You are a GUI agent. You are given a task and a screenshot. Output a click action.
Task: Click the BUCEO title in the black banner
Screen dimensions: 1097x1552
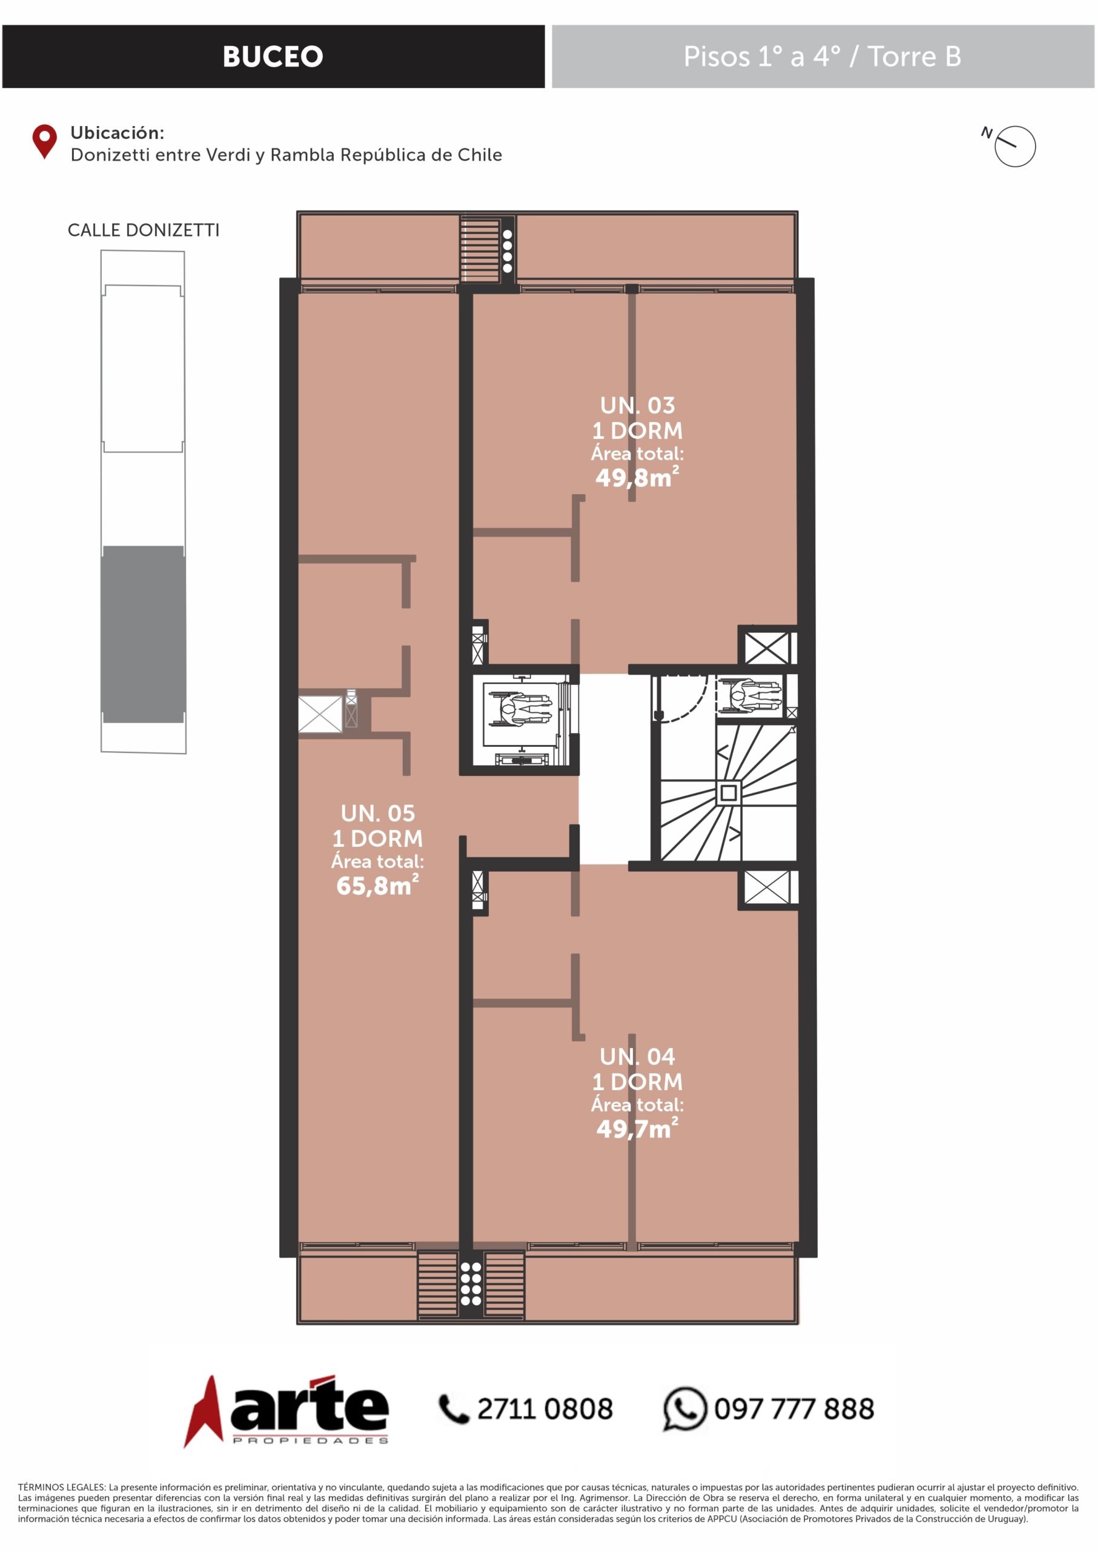(x=273, y=57)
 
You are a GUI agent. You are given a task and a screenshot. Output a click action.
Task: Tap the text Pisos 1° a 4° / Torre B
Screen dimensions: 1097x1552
(x=822, y=57)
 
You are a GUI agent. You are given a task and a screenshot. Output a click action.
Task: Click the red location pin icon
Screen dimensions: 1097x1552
(x=45, y=141)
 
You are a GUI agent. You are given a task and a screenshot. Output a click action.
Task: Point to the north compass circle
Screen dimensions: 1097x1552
(x=1015, y=146)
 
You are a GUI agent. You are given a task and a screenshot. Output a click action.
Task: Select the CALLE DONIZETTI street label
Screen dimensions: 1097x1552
(x=143, y=230)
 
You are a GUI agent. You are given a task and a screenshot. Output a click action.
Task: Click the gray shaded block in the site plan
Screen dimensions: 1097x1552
(x=143, y=634)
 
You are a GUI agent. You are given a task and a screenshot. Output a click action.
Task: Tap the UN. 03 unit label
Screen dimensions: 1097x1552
(x=638, y=406)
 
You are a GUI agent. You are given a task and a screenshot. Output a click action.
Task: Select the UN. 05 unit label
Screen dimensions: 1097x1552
(x=377, y=813)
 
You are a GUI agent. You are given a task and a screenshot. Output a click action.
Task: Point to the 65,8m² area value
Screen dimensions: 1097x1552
(x=377, y=885)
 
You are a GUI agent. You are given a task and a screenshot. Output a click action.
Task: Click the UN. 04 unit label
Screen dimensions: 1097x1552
(x=638, y=1057)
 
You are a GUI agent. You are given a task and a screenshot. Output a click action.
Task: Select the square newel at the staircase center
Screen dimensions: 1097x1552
(x=728, y=793)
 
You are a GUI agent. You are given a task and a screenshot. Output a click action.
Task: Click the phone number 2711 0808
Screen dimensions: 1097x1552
(x=545, y=1410)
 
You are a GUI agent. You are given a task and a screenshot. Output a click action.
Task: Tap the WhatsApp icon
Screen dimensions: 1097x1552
(x=684, y=1410)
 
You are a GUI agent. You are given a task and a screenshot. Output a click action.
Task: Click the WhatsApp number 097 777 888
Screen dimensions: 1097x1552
(x=794, y=1410)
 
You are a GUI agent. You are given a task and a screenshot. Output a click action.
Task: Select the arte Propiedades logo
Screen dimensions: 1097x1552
(x=287, y=1411)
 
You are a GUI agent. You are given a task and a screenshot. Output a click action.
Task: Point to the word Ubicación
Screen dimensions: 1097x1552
(x=117, y=133)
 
